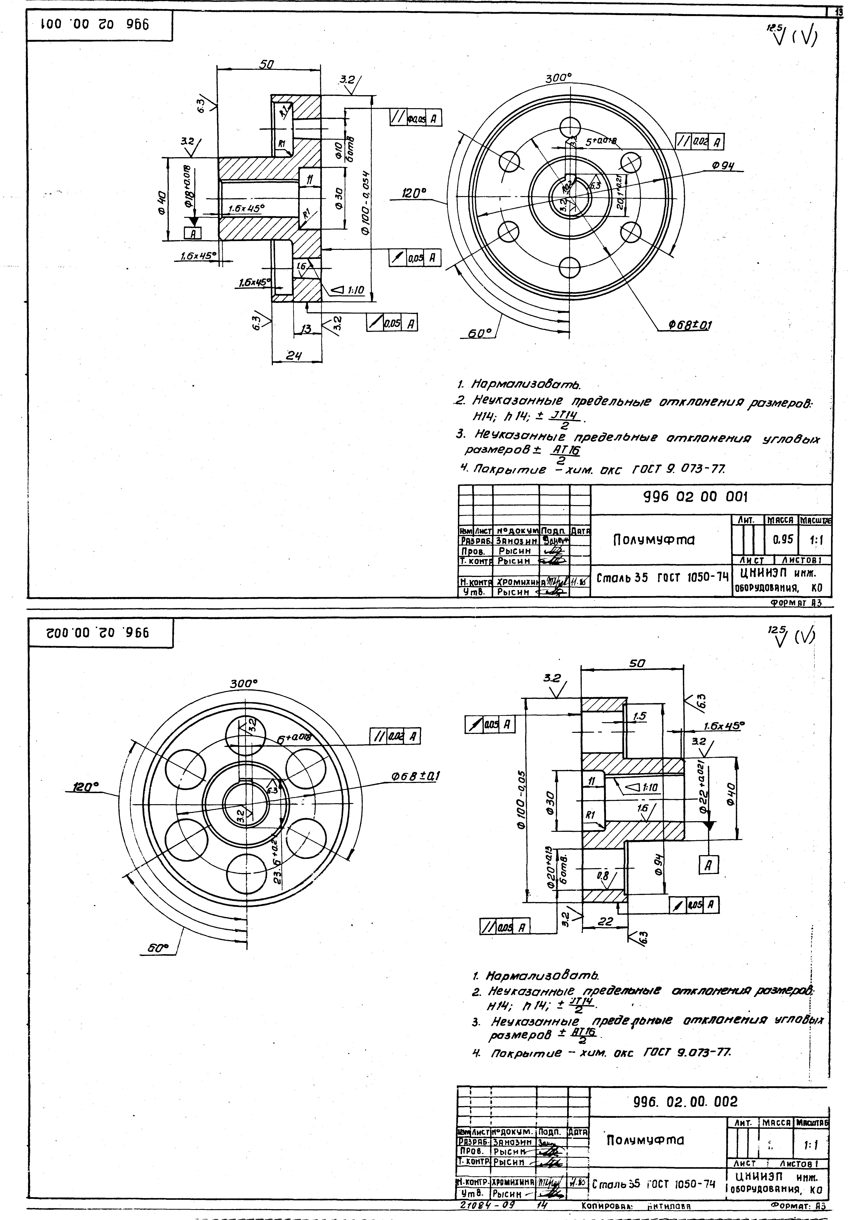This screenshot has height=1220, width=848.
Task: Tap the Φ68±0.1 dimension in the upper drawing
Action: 689,324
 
